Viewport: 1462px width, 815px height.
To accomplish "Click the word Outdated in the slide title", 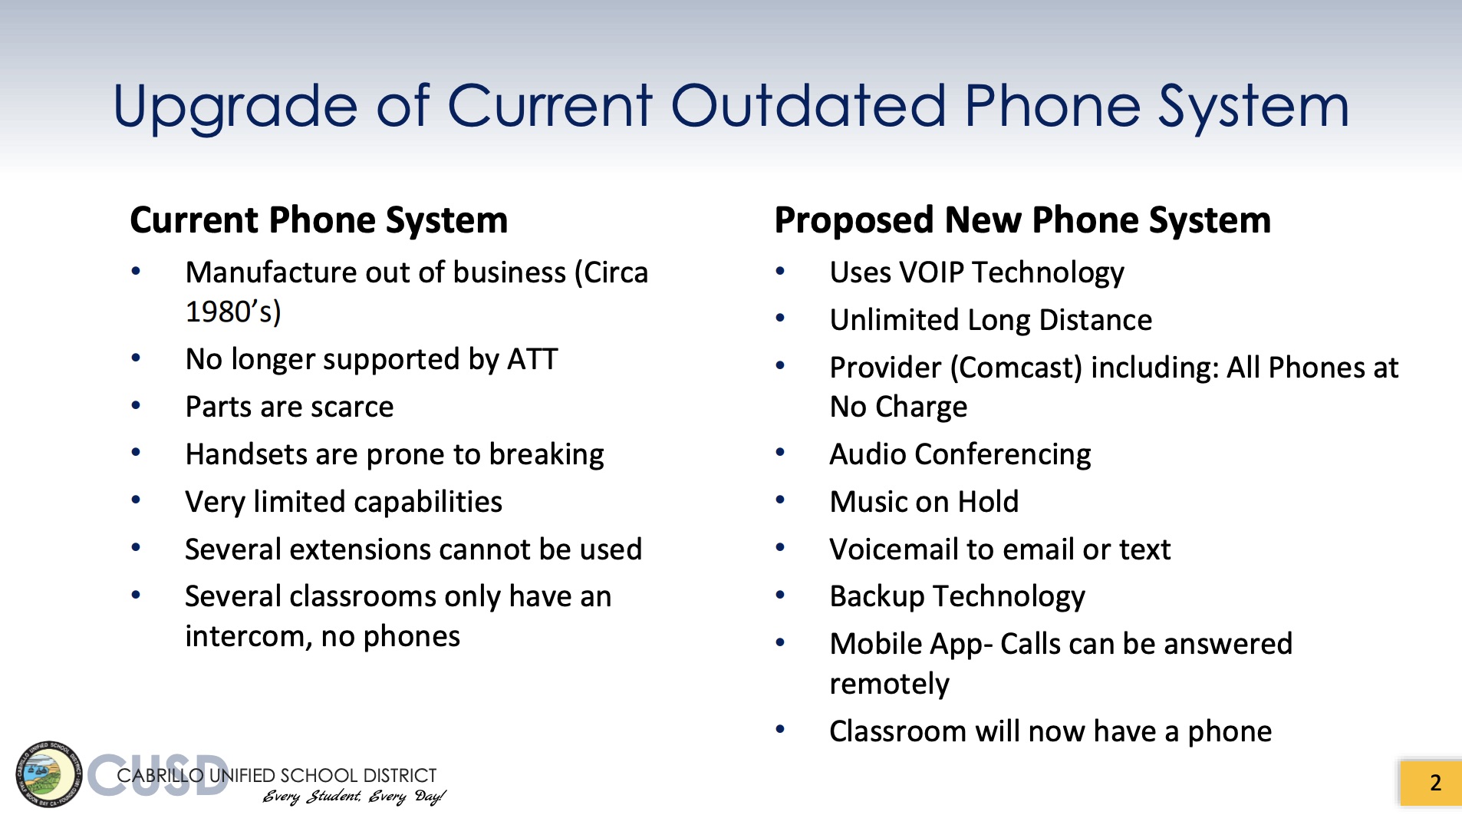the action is click(x=808, y=106).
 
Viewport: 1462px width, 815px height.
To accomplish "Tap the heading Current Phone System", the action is click(x=319, y=221).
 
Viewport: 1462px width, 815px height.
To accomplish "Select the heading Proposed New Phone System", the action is click(x=1022, y=221).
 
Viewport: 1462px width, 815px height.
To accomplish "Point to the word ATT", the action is click(x=532, y=359).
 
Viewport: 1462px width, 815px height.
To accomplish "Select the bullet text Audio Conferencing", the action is click(x=960, y=455).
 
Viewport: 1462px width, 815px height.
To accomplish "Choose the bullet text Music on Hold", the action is click(x=924, y=502).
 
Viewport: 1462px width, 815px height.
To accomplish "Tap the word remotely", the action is click(x=890, y=684).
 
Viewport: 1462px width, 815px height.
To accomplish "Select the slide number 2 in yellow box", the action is click(x=1435, y=783).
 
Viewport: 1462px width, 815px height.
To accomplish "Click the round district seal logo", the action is click(x=48, y=774).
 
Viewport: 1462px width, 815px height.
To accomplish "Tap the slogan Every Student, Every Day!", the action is click(x=354, y=797).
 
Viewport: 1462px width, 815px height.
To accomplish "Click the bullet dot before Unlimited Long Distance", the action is click(x=780, y=318).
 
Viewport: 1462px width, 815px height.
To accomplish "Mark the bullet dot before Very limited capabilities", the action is click(x=136, y=500).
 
